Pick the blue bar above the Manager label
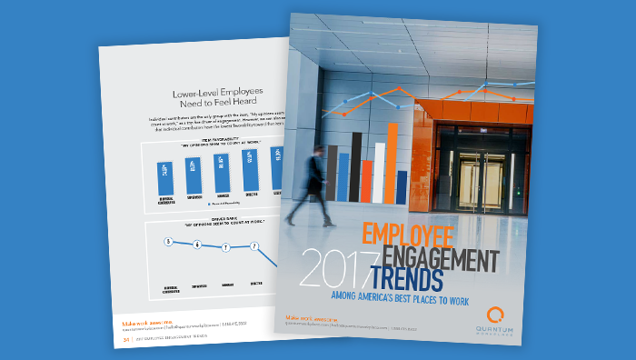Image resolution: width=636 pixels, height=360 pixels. pyautogui.click(x=222, y=167)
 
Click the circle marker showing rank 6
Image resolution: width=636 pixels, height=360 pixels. pyautogui.click(x=196, y=245)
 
